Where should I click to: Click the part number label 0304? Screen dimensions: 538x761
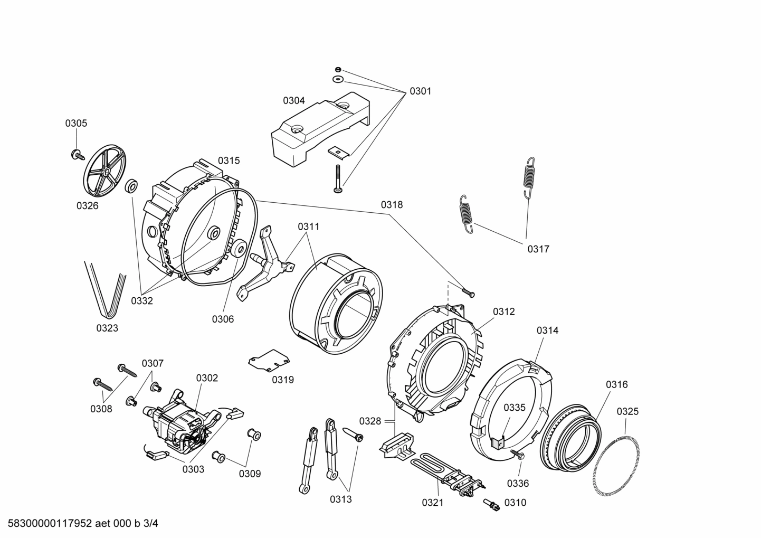pos(294,100)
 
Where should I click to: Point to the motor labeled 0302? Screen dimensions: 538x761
pos(182,422)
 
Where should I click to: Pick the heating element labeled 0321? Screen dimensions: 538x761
pos(449,473)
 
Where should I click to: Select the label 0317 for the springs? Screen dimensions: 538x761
pos(538,249)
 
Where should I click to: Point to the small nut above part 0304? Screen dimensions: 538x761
pos(338,70)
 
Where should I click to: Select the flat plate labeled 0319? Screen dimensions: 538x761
pos(269,361)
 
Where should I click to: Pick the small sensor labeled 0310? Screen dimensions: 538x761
pos(491,504)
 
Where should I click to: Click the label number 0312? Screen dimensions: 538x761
pos(504,312)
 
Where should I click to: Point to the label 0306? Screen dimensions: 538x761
pos(223,319)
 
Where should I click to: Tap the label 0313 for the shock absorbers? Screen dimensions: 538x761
pos(341,499)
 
